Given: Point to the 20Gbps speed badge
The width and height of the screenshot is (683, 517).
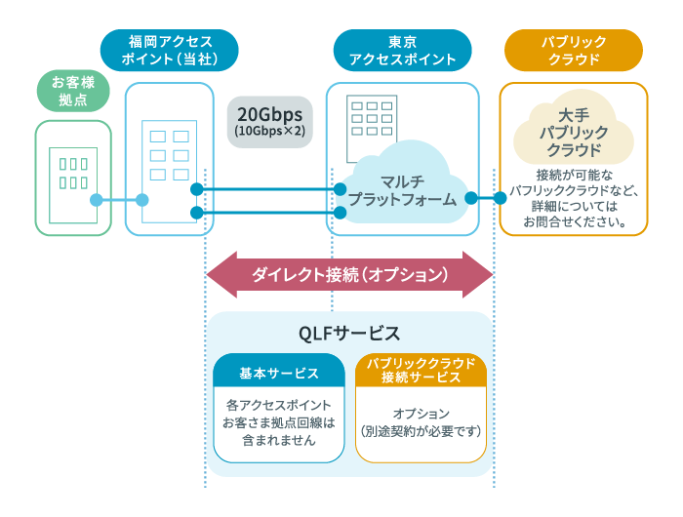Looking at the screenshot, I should point(269,120).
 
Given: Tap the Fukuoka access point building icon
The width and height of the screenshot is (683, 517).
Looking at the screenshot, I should point(168,156).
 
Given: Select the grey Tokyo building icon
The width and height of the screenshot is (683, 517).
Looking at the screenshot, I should point(370,118).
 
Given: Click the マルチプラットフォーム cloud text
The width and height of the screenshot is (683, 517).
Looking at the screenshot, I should point(403,190).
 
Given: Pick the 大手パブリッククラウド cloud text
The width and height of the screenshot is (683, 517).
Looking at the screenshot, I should point(573,134).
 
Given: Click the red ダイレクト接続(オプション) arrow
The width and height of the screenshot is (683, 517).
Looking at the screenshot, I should point(349,274).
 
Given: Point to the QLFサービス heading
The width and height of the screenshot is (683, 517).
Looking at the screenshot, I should point(349,333).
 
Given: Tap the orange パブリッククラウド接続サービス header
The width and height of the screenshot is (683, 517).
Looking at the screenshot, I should point(421,370).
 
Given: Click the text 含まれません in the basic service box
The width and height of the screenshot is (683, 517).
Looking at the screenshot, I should point(280,440).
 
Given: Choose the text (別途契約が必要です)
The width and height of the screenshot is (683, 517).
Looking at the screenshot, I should point(421,430).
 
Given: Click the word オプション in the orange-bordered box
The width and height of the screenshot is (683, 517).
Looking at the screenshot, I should point(421,413).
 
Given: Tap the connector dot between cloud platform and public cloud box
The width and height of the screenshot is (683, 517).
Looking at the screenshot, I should point(471,198).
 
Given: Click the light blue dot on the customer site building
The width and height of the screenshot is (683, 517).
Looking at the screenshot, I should point(97,200).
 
